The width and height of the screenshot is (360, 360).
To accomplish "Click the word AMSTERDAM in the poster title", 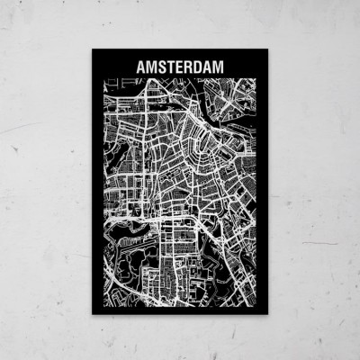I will pos(180,67).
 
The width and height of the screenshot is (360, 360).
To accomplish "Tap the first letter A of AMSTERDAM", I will pos(139,67).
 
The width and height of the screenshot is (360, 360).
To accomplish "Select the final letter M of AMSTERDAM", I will pos(221,67).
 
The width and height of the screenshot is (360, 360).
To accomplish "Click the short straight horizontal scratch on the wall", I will pos(319,242).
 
